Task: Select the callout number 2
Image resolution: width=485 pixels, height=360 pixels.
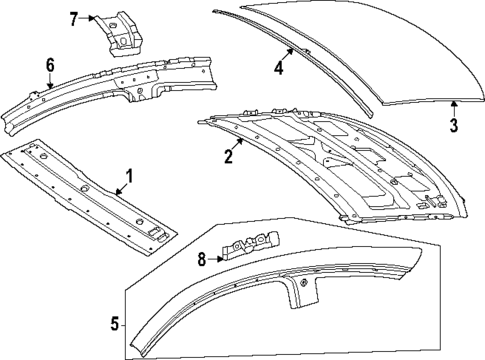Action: (228, 155)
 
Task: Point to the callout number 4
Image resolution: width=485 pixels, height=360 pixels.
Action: (279, 68)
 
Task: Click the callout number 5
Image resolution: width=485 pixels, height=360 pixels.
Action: (113, 323)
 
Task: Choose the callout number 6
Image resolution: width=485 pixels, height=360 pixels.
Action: (49, 66)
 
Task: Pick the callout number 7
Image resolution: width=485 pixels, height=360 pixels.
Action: (73, 19)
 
